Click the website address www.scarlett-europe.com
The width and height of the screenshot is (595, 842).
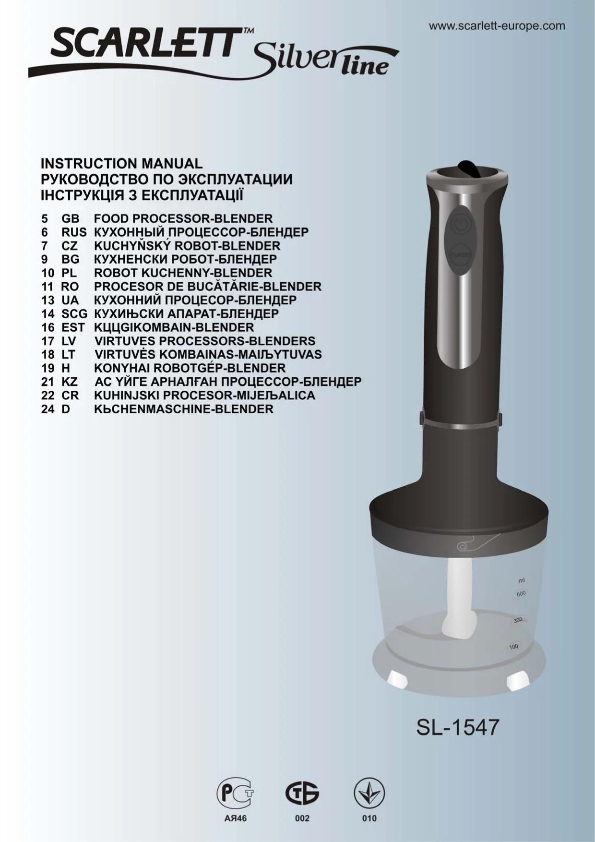coord(497,26)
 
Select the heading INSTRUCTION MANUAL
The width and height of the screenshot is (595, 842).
coord(122,164)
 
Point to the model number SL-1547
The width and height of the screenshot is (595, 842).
coord(458,727)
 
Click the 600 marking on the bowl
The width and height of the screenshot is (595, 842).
coord(521,594)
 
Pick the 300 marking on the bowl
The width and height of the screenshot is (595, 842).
coord(518,620)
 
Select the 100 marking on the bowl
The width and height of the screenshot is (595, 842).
coord(513,647)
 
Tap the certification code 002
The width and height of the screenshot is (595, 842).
coord(302,818)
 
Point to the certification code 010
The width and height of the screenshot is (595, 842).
coord(369,818)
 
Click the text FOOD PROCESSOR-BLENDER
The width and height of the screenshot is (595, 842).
coord(183,218)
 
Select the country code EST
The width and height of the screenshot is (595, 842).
coord(73,327)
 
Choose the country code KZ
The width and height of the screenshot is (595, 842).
coord(70,382)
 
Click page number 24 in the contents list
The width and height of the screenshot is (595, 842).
coord(48,409)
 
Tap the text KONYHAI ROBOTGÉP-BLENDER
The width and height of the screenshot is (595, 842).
coord(190,368)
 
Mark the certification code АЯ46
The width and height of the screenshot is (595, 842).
coord(235,818)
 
